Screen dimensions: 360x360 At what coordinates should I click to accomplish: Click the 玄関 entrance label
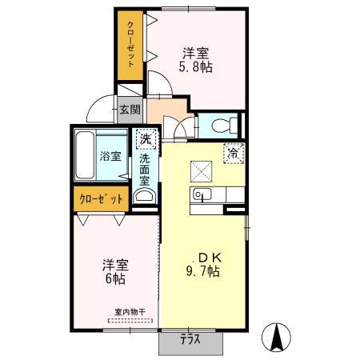point(130,110)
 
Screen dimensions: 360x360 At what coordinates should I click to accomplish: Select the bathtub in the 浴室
point(85,155)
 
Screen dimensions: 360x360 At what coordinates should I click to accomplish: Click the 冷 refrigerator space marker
point(234,154)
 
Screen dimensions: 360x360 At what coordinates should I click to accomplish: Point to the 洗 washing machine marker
point(146,139)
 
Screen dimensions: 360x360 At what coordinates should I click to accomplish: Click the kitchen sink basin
point(202,194)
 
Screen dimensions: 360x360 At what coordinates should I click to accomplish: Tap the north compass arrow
point(276,337)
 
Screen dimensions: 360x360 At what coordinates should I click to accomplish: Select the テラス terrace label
point(190,339)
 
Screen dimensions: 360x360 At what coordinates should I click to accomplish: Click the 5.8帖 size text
point(195,67)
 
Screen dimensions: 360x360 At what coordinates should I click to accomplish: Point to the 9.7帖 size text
point(202,271)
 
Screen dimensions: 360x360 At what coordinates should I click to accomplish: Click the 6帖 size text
point(115,278)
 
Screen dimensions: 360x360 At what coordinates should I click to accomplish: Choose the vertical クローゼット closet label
point(130,44)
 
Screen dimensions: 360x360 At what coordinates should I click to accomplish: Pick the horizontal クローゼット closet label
point(102,199)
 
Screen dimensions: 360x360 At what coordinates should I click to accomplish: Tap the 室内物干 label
point(130,311)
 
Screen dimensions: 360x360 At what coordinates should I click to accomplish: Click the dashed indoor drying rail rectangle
point(130,320)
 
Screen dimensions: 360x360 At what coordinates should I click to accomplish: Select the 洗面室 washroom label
point(145,170)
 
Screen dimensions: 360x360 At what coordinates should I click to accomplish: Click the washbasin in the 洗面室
point(144,196)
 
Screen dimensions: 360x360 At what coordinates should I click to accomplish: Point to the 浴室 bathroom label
point(110,156)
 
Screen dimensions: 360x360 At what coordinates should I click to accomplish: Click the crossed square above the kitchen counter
point(201,171)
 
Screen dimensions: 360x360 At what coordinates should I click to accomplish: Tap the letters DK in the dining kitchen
point(210,258)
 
